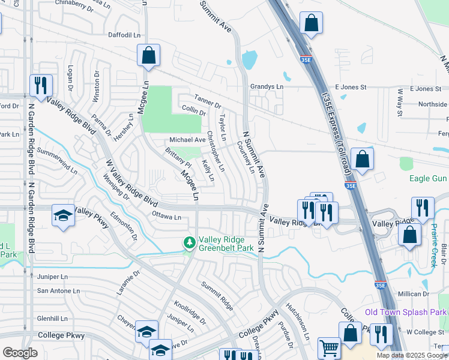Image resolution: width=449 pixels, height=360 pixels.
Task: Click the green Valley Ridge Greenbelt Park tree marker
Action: tap(190, 242)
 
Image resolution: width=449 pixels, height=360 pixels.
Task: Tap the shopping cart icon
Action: tap(329, 348)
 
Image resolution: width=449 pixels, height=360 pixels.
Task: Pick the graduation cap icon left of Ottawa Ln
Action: tap(63, 215)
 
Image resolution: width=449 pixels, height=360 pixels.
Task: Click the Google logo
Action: tap(20, 353)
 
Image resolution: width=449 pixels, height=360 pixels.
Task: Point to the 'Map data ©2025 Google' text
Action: tap(412, 355)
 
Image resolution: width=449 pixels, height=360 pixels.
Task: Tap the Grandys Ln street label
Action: tap(267, 86)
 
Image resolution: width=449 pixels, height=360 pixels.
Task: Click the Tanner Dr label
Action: tap(208, 102)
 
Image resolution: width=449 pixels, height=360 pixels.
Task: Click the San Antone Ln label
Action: tap(58, 290)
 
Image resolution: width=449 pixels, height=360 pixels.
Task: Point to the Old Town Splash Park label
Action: tap(406, 313)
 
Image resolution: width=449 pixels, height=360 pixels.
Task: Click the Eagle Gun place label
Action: tap(429, 178)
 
